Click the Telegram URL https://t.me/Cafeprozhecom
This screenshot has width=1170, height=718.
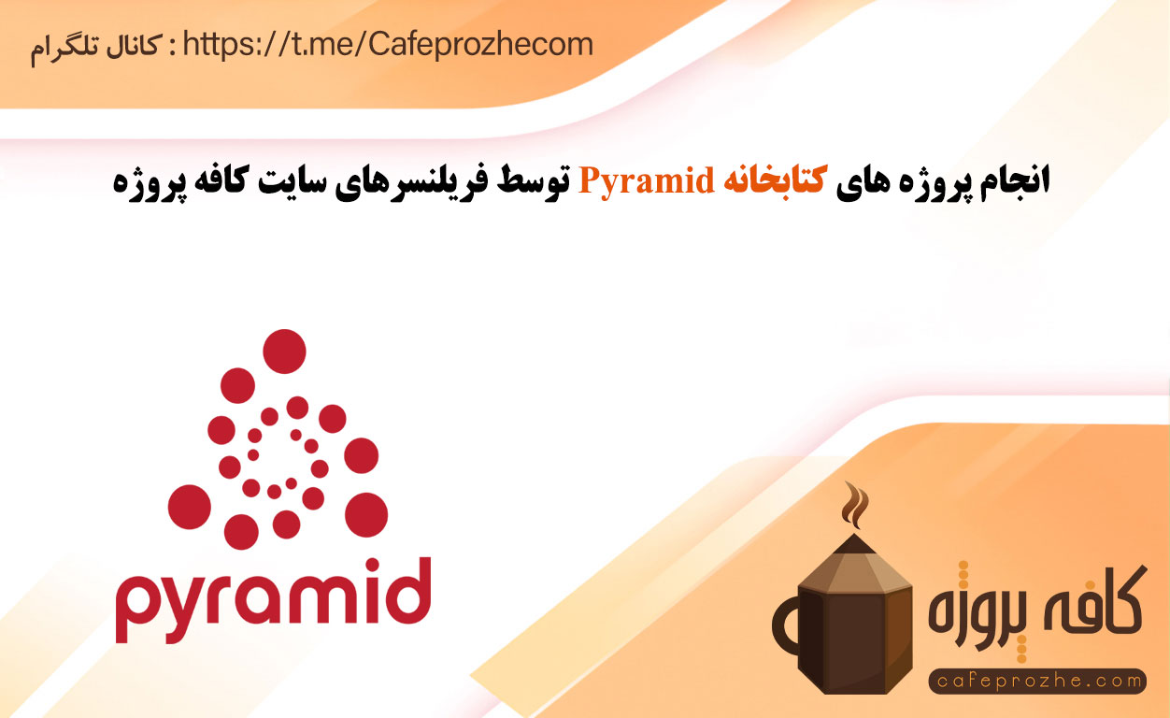tap(388, 44)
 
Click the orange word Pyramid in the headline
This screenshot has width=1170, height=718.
tap(646, 181)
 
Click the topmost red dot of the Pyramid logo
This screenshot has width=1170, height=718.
tap(284, 352)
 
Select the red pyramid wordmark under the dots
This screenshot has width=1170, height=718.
tap(273, 600)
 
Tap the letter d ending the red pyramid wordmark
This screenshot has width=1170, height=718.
tap(408, 592)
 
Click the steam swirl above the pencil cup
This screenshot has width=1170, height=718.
tap(854, 506)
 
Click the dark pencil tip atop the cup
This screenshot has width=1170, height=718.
tap(853, 543)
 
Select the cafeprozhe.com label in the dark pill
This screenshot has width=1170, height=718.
tap(1038, 682)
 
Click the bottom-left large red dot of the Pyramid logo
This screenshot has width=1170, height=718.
tap(190, 507)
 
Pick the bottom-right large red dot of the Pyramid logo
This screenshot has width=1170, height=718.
tap(366, 515)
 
